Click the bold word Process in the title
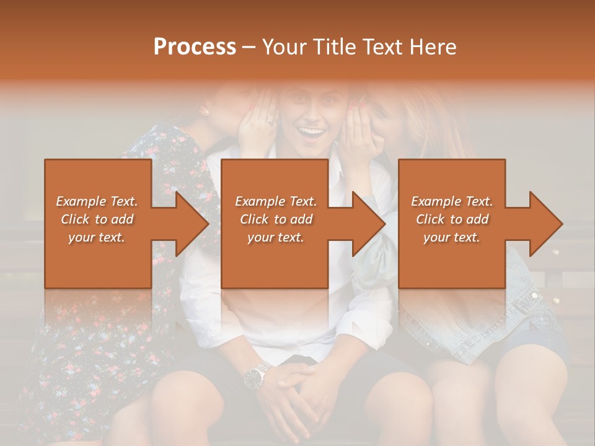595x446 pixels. pos(195,47)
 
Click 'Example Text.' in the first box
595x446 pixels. pos(97,201)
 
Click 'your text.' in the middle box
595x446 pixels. pos(276,237)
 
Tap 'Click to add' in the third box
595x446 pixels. pos(452,219)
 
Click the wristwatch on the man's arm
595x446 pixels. pos(255,375)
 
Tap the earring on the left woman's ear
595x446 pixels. pos(205,112)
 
